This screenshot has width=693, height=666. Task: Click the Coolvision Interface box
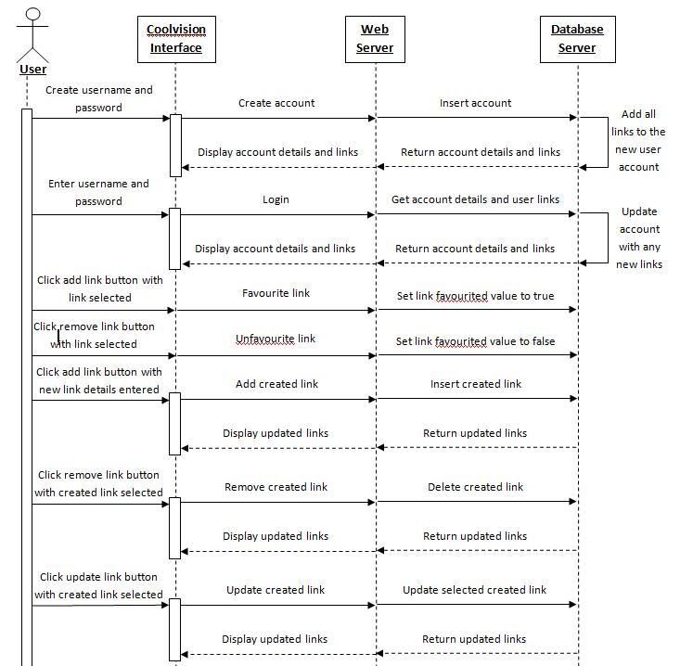(176, 39)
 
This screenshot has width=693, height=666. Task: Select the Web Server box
(375, 39)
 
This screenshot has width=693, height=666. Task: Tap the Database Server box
(577, 39)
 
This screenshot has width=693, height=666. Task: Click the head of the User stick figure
(33, 14)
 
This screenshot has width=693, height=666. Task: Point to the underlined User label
(33, 70)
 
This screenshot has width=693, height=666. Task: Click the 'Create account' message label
(276, 103)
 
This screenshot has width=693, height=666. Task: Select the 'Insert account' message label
(476, 103)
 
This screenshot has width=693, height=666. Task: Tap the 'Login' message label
(276, 199)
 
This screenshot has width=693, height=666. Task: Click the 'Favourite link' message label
(276, 293)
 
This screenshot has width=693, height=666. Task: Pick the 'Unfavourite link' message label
(276, 339)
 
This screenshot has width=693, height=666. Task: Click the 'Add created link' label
(277, 384)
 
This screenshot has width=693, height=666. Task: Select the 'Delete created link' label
(476, 487)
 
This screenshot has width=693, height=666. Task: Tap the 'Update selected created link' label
(475, 590)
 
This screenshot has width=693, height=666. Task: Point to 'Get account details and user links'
(476, 199)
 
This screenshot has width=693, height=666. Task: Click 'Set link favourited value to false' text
(476, 341)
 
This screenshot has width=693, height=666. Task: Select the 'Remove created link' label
(276, 487)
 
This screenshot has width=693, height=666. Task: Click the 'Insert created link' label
(476, 384)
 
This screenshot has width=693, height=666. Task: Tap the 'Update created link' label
(276, 590)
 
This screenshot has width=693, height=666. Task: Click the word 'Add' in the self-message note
(632, 114)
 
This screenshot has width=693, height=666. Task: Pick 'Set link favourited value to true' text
(476, 296)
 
